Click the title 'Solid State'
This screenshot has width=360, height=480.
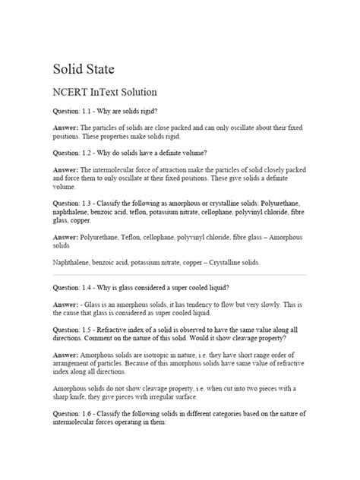click(x=84, y=70)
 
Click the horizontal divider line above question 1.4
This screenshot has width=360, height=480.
click(x=179, y=275)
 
